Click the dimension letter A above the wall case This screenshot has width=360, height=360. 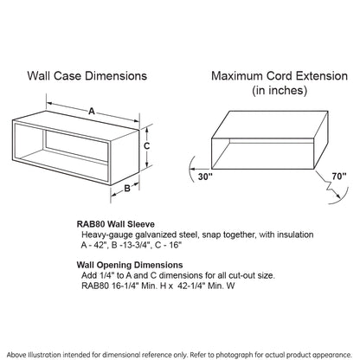point(92,111)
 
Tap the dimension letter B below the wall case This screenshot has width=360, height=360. point(127,189)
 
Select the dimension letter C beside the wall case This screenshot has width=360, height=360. point(146,146)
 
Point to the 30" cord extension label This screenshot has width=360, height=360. point(205,177)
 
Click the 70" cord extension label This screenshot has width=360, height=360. point(339,176)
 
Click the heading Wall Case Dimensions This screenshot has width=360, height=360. point(87,76)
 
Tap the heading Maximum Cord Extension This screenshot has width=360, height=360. point(280,76)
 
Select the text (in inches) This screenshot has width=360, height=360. point(280,90)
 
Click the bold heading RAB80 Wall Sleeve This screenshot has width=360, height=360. point(116,224)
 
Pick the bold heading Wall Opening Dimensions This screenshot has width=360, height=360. point(130,265)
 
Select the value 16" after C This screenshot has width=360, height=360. point(175,245)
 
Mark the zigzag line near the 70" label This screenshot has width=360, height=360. point(330,185)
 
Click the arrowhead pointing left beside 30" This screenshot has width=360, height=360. point(194,169)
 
